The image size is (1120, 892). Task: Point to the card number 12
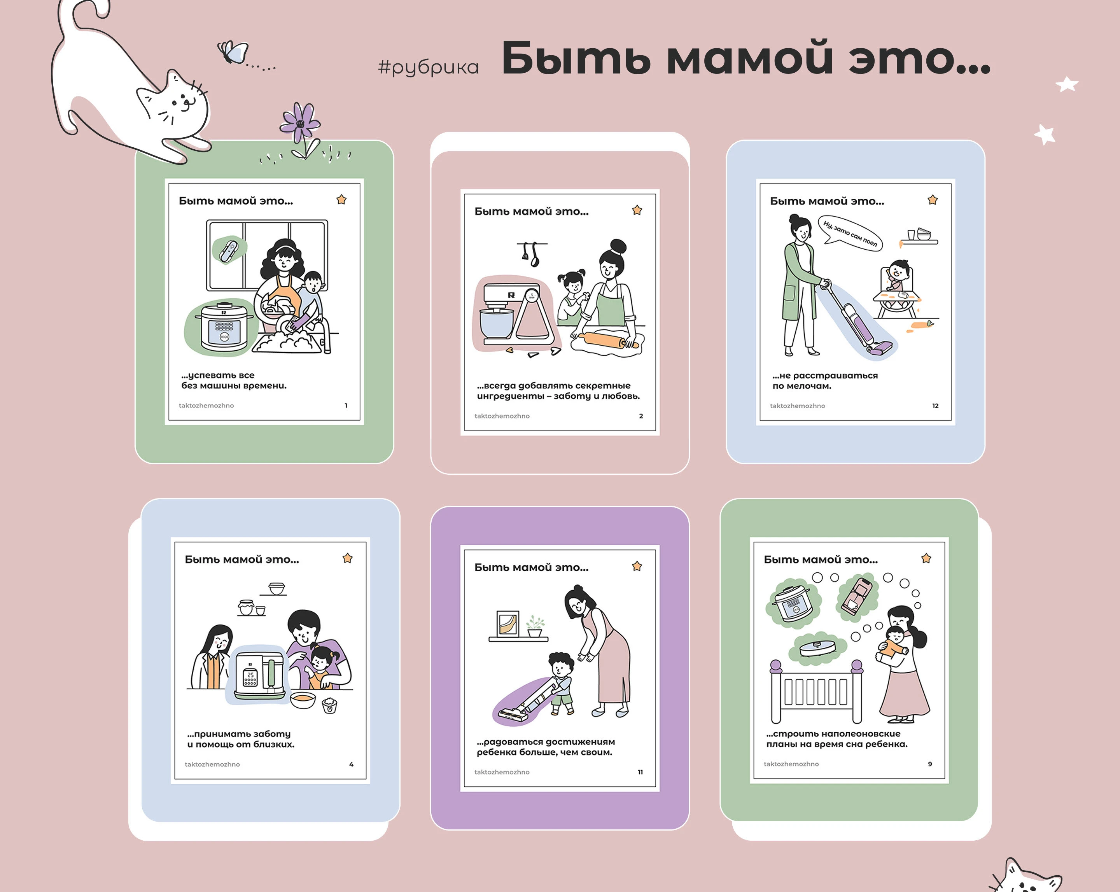point(935,406)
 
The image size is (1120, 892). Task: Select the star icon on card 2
point(637,210)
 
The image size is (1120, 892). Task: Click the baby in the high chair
point(898,275)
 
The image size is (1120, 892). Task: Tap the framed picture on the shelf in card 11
point(507,623)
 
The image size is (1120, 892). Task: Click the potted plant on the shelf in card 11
point(535,626)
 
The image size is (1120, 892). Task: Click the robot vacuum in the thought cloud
point(817,647)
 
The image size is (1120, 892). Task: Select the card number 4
point(351,764)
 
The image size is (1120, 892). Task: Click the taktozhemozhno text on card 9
point(791,764)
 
